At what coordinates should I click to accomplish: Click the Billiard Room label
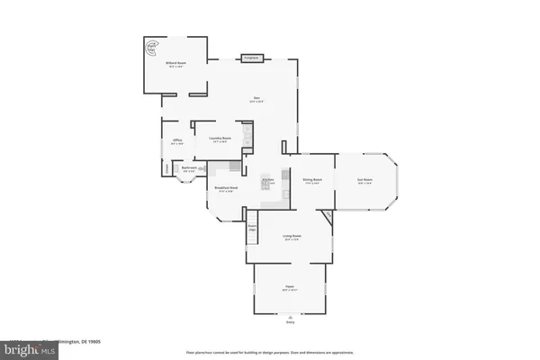coord(175,63)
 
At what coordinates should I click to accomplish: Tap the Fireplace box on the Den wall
coord(251,58)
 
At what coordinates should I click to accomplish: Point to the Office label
coord(177,141)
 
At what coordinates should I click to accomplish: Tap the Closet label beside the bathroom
coord(167,167)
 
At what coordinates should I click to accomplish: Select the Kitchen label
coord(267,180)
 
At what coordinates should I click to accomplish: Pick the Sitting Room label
coord(312,180)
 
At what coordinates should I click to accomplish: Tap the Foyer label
coord(290,287)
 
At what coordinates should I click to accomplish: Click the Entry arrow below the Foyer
coord(290,319)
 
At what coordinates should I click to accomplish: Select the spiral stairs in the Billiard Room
coord(154,46)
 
